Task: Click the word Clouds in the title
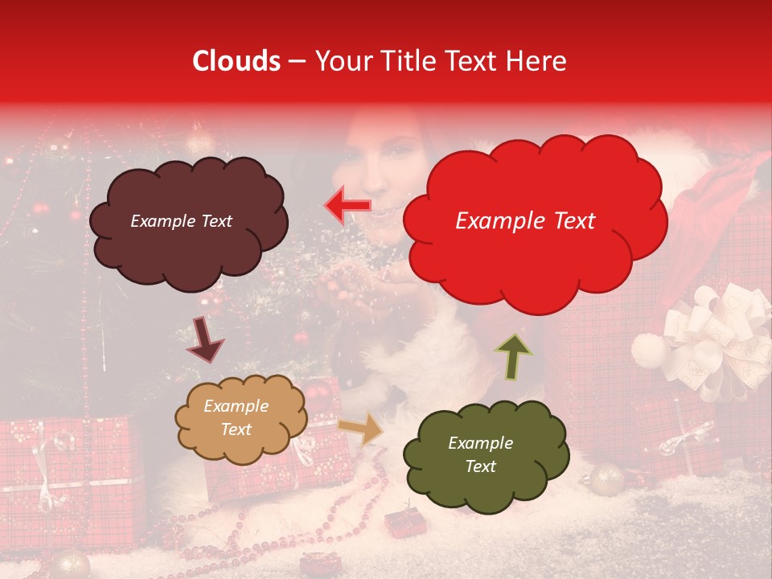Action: tap(237, 61)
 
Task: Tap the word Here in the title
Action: tap(536, 61)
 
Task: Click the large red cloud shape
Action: tap(534, 257)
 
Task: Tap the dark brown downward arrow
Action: tap(204, 340)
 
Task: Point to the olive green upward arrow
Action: tap(514, 356)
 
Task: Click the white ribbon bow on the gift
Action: tap(708, 338)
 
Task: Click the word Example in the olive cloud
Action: tap(480, 443)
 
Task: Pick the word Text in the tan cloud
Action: tap(236, 429)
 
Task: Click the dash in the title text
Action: tap(297, 61)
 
